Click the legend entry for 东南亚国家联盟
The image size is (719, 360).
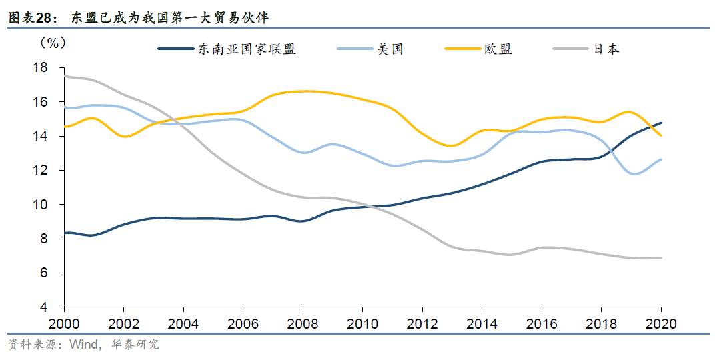point(227,49)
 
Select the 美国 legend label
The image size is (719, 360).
point(371,49)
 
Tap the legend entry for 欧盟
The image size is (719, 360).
point(478,49)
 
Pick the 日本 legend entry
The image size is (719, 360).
point(586,49)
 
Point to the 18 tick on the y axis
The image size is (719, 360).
point(40,68)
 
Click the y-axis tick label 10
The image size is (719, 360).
point(40,205)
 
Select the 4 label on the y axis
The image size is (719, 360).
point(44,307)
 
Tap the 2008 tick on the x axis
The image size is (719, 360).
point(303,324)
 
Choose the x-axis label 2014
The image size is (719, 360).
point(482,324)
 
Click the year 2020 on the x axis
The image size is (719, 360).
point(661,324)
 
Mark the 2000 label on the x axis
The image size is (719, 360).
point(64,324)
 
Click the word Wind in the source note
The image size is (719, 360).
point(84,344)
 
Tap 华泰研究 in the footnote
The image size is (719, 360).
point(135,344)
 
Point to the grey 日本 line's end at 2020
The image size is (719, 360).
point(661,258)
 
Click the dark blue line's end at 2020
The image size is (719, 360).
point(661,123)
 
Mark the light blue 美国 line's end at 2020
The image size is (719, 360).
point(661,159)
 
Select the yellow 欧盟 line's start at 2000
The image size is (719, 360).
point(65,127)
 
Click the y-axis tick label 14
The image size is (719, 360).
point(40,136)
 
